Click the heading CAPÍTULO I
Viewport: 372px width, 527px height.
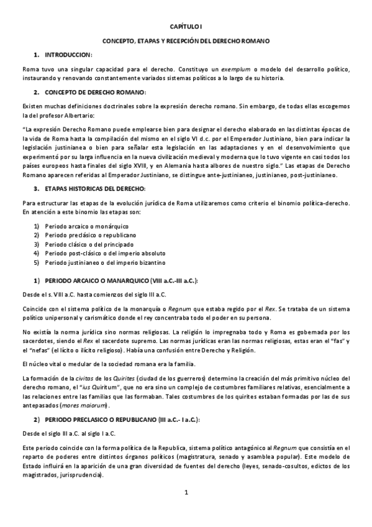(186, 27)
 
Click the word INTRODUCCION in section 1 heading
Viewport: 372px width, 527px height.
(69, 55)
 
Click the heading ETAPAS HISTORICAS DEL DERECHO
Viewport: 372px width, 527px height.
(99, 188)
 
